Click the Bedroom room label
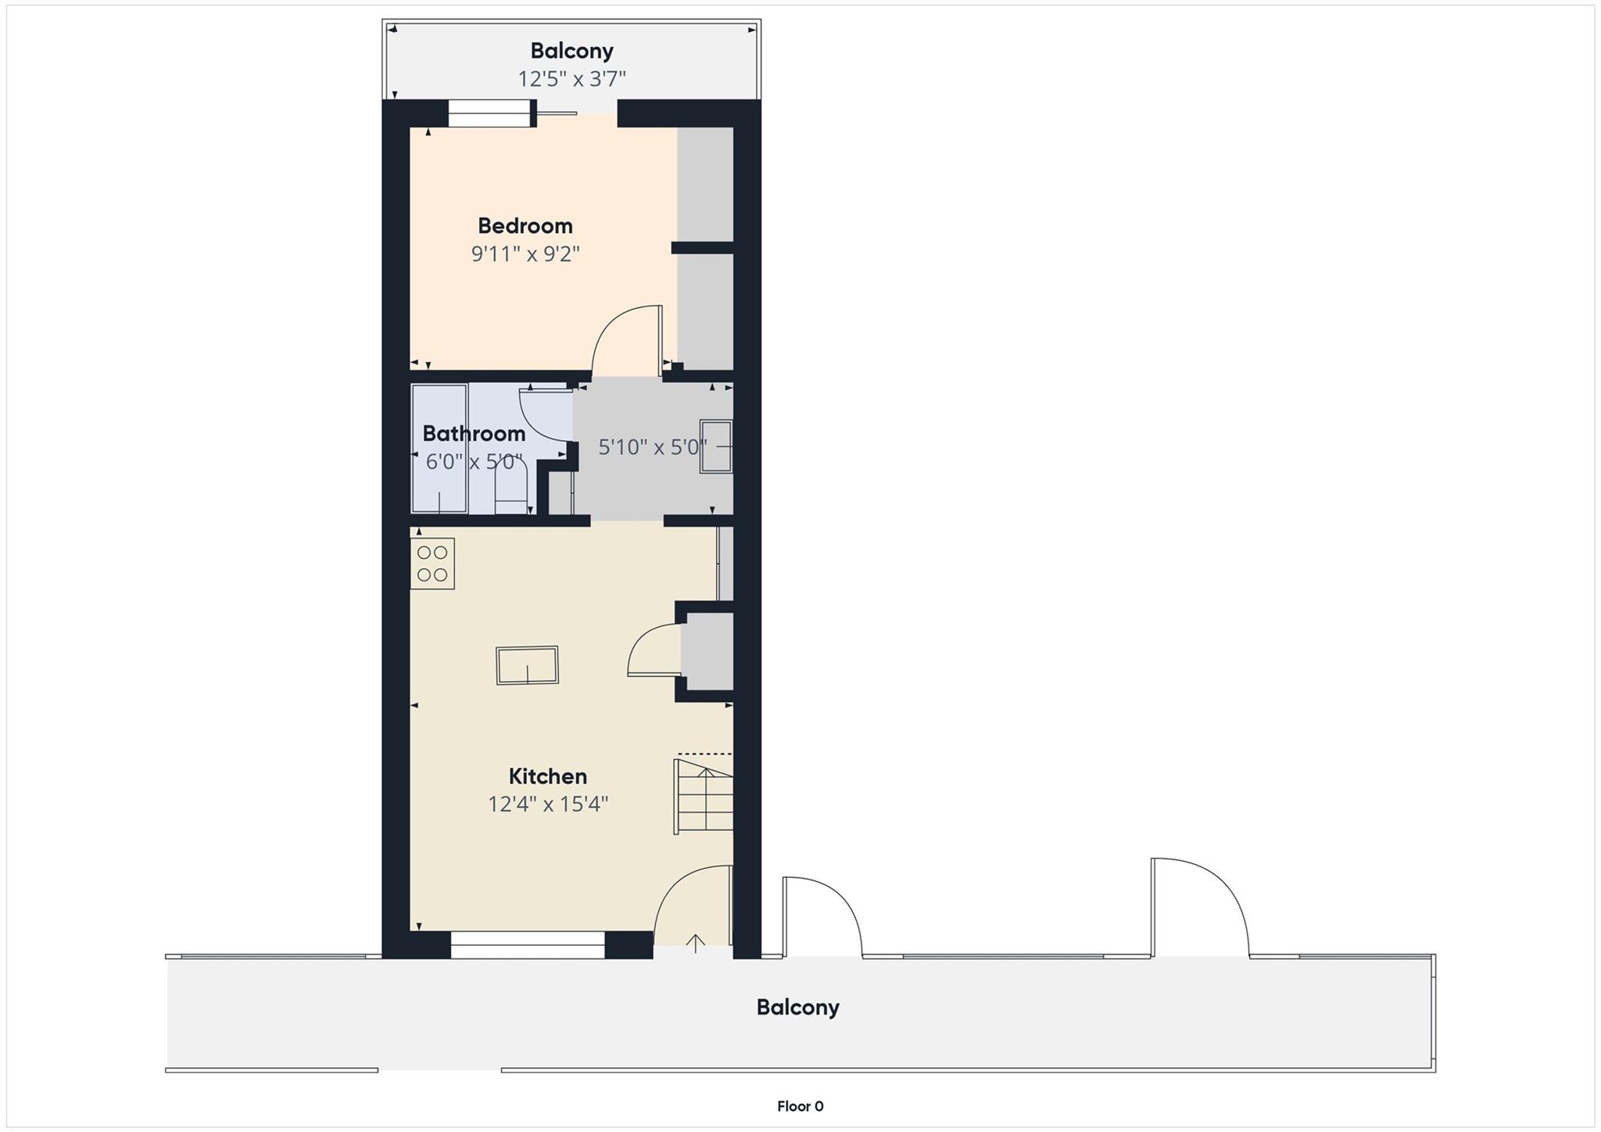point(525,226)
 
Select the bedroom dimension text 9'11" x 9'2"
point(525,254)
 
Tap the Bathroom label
point(474,433)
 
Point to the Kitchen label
point(547,776)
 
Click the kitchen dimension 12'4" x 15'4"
point(548,804)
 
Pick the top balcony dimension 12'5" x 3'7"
point(572,79)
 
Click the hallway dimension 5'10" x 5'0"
point(652,447)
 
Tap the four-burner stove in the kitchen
point(432,564)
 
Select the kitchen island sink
point(528,665)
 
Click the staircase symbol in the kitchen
point(704,796)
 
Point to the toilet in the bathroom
point(511,488)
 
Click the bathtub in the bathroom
point(439,449)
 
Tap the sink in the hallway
point(715,446)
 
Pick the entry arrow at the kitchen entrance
point(695,944)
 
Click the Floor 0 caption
point(800,1106)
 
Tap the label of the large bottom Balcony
point(797,1007)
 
